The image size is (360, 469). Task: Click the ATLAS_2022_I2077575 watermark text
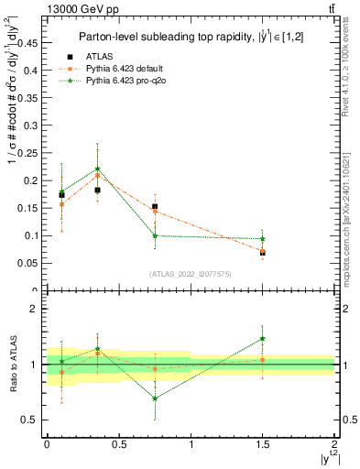pos(190,273)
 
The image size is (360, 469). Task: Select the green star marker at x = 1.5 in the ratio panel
pos(263,338)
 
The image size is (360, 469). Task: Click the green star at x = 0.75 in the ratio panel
pos(155,398)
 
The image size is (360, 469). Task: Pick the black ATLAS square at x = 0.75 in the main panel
pos(155,207)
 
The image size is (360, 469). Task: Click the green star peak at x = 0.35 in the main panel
pos(97,169)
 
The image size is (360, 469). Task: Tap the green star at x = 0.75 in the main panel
pos(155,235)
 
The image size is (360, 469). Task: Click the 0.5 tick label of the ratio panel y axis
pos(27,420)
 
